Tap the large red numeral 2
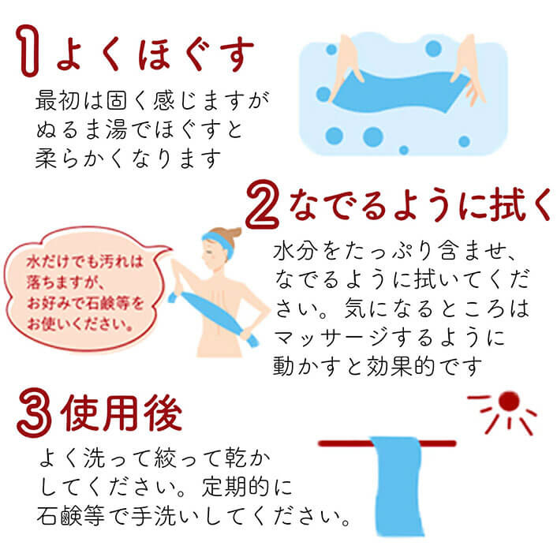[263, 204]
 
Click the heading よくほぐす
[155, 54]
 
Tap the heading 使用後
[121, 413]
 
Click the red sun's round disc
[509, 402]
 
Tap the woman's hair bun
[233, 233]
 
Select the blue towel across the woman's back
[214, 317]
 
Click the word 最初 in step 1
[58, 100]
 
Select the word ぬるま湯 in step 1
[82, 129]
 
